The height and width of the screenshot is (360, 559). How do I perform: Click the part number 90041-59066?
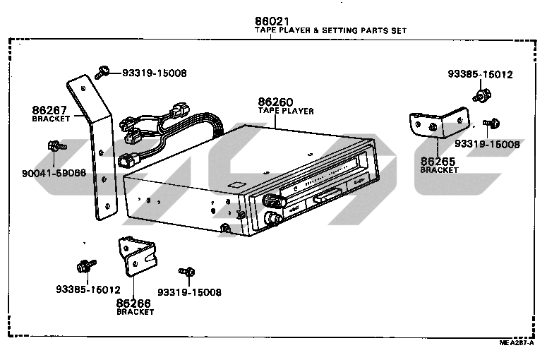point(63,172)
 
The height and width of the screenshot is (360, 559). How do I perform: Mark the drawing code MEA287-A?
point(519,342)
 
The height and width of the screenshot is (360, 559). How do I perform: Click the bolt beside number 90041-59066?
point(55,147)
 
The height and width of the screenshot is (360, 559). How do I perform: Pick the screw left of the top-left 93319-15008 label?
point(103,71)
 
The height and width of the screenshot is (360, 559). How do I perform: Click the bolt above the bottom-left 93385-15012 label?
point(83,267)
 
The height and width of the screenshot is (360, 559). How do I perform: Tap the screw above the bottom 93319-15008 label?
point(188,272)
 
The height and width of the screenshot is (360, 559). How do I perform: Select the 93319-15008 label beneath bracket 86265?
point(487,144)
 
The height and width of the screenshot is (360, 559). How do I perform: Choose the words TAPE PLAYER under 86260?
point(285,112)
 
